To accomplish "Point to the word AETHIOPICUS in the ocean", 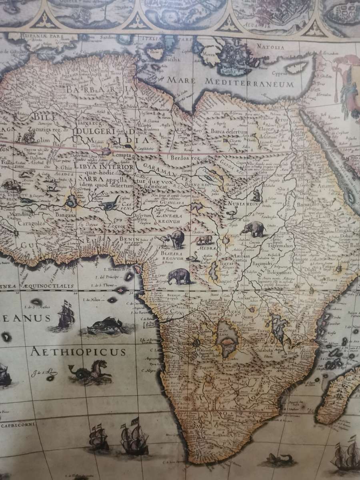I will (x=78, y=352).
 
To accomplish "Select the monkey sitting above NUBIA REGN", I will (x=256, y=196).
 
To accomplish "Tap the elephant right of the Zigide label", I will (x=253, y=229).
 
